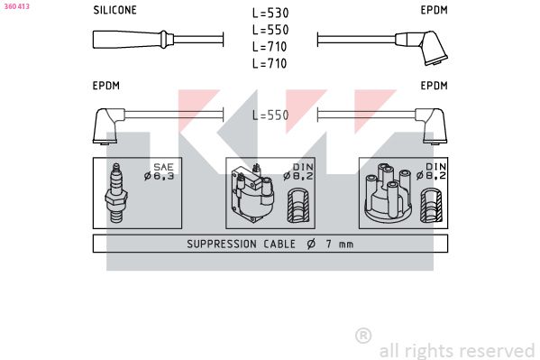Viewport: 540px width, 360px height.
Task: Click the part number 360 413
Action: (17, 6)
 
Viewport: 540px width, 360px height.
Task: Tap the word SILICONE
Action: (115, 10)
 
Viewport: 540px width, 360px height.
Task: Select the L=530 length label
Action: (270, 14)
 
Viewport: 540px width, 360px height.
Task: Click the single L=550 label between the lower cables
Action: (270, 115)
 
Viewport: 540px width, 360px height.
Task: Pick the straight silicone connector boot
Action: (133, 40)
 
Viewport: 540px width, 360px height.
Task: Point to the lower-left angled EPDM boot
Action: (107, 125)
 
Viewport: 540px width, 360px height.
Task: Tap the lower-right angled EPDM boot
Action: (432, 125)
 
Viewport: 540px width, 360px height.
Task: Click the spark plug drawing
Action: (116, 193)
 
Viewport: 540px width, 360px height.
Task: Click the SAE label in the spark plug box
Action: (163, 167)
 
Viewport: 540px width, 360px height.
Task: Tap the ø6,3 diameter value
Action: (159, 176)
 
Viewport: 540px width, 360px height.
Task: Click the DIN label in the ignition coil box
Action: (303, 167)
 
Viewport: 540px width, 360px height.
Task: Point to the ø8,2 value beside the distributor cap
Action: (431, 176)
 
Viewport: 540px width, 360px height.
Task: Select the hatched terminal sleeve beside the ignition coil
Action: (298, 205)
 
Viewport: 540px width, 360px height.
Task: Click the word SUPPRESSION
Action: (222, 245)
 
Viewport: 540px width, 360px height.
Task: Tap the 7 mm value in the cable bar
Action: (340, 245)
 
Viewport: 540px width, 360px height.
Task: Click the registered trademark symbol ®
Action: (363, 335)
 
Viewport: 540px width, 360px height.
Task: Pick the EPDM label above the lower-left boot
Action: (106, 86)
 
